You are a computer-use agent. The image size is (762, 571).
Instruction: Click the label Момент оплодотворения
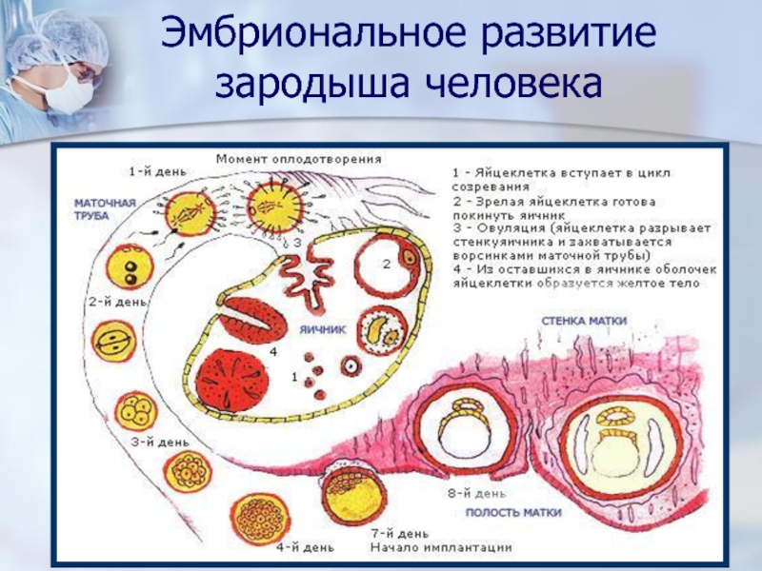click(298, 158)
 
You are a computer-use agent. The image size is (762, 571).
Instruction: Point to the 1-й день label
click(151, 172)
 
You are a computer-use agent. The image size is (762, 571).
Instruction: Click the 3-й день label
click(153, 442)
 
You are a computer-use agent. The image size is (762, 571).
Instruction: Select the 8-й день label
click(471, 493)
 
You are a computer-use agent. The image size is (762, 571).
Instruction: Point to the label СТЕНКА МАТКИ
click(583, 321)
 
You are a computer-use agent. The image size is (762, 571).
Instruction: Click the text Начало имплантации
click(441, 547)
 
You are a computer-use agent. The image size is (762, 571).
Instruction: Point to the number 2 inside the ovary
click(387, 265)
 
